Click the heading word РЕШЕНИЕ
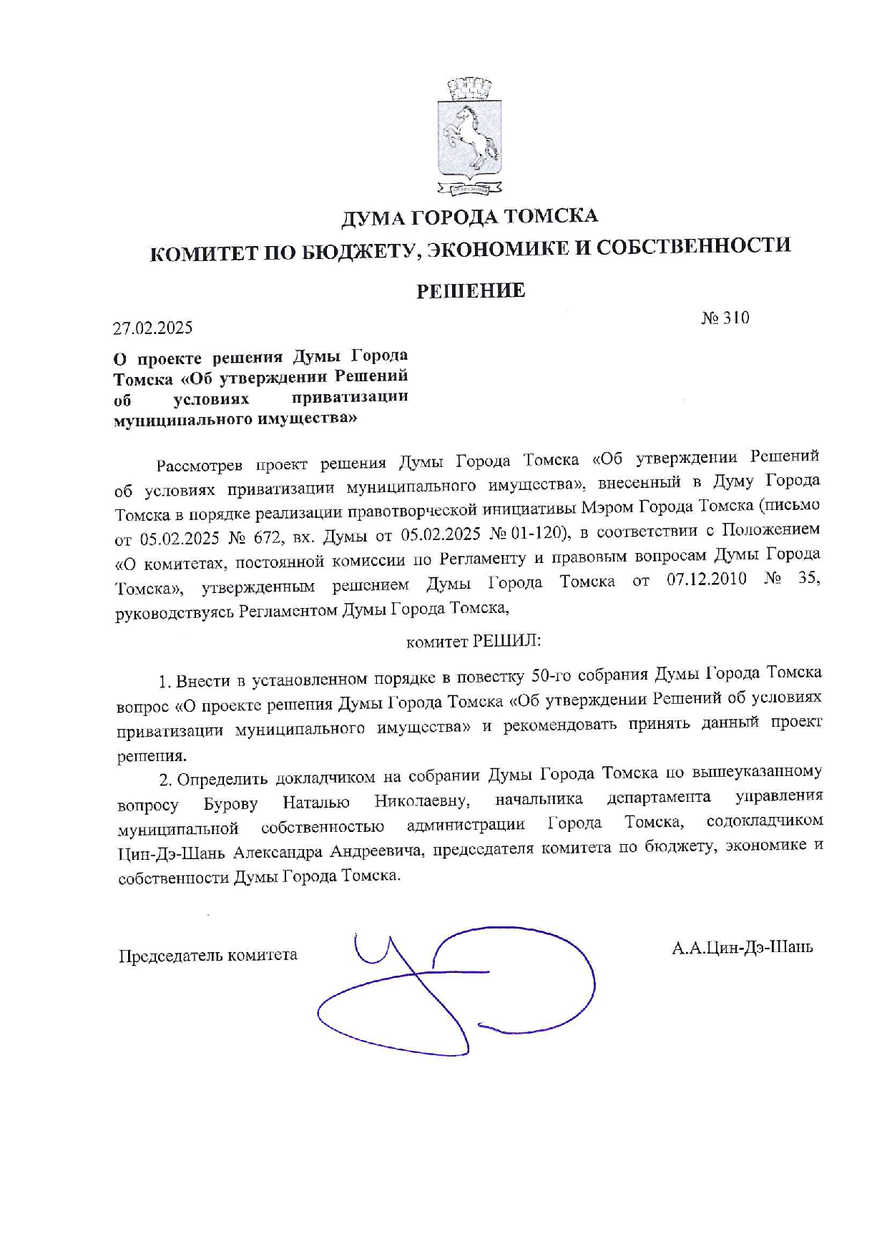(x=471, y=290)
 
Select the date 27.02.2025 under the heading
(x=153, y=328)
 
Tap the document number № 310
(x=725, y=318)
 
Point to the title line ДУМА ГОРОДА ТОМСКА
(x=469, y=215)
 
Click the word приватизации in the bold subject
(x=350, y=397)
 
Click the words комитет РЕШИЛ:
(x=473, y=641)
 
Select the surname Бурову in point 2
(x=230, y=804)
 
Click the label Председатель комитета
(x=207, y=955)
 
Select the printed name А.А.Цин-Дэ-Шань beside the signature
(x=742, y=948)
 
